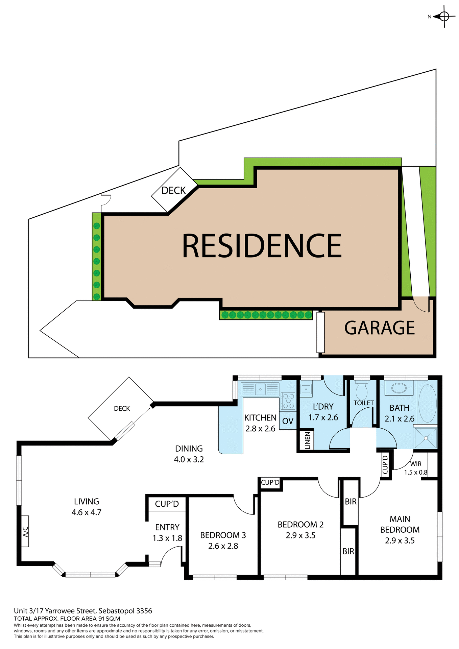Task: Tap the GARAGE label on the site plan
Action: [379, 328]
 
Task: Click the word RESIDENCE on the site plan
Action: [262, 246]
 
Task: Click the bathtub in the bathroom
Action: [427, 403]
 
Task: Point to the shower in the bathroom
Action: [426, 438]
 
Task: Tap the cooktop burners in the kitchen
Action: [288, 401]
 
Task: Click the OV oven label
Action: [288, 421]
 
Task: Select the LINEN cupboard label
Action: [307, 440]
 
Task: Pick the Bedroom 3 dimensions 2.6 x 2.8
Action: [223, 546]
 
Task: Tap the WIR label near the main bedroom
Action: [416, 464]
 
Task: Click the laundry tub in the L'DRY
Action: [306, 389]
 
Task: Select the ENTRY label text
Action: [167, 527]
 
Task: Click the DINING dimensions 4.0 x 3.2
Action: [189, 459]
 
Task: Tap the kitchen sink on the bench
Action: [260, 389]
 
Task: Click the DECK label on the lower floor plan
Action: [122, 409]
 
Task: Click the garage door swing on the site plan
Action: [420, 304]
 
